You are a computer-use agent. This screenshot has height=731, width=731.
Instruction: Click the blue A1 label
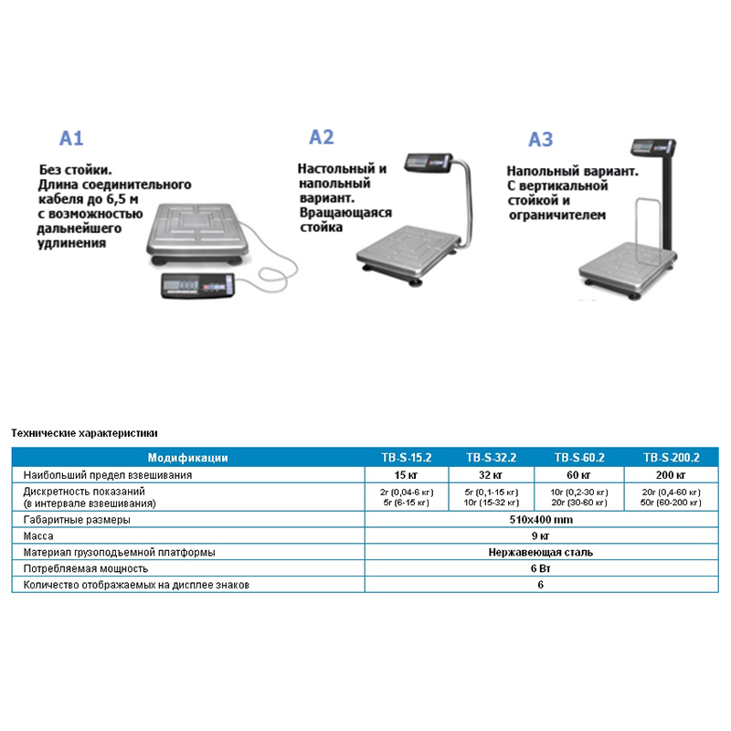click(x=71, y=139)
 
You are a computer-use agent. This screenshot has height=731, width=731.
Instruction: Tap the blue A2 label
click(x=322, y=137)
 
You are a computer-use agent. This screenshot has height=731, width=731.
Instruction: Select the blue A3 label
click(x=541, y=140)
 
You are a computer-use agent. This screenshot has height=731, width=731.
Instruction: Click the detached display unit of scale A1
click(x=197, y=285)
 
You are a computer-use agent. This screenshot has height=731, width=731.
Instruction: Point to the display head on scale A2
click(x=428, y=163)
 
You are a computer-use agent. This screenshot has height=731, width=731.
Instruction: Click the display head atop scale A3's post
click(x=653, y=147)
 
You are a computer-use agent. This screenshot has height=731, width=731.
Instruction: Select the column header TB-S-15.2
click(x=407, y=458)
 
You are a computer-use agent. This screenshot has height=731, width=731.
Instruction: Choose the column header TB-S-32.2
click(x=492, y=458)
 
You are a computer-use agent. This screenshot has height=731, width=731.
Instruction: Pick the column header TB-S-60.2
click(x=579, y=458)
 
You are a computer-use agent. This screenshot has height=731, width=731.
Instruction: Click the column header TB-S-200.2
click(x=672, y=458)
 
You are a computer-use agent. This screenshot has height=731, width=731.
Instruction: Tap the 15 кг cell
click(x=406, y=475)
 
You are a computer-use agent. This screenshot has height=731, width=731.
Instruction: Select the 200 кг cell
click(x=671, y=475)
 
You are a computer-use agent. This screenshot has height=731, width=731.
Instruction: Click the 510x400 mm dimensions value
click(x=541, y=520)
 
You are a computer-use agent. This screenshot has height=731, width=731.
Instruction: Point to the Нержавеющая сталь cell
click(x=541, y=553)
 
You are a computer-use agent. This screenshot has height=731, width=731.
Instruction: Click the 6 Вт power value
click(x=541, y=568)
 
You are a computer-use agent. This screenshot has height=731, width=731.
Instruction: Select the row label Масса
click(x=38, y=536)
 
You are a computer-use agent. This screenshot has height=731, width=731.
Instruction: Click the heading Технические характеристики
click(x=84, y=433)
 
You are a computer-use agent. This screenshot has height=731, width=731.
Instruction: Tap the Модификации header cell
click(x=188, y=458)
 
